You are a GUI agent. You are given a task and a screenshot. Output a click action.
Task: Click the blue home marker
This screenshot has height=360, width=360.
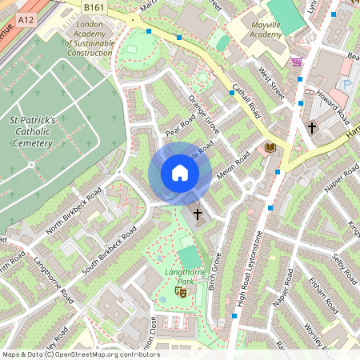pos(180,173)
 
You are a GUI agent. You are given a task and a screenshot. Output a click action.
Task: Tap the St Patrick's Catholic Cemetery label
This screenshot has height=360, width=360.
pos(32,132)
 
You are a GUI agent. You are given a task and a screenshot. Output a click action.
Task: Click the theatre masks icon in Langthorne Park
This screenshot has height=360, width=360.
pos(181,293)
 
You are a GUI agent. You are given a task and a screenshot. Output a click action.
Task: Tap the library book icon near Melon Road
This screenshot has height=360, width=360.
pos(270,147)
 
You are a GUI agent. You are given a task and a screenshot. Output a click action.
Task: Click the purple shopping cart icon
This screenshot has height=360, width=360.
pos(297,62)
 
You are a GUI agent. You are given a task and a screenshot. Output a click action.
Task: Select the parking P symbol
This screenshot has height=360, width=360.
pos(346,84)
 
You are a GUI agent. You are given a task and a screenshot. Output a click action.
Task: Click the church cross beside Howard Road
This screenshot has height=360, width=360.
pos(312,126)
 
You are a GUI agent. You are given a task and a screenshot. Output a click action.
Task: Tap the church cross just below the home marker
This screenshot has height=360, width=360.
pos(198,214)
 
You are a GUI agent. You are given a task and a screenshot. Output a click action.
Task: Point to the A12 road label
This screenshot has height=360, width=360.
pos(26,18)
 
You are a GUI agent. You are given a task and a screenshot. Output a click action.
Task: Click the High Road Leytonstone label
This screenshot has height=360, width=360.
pos(247,264)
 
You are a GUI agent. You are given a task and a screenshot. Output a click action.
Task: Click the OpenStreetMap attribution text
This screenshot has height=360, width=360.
pos(80,354)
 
